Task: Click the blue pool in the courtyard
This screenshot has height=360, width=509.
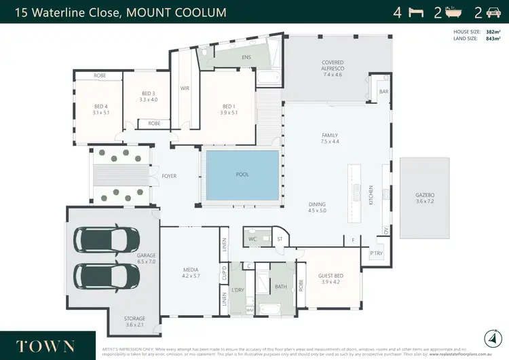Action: click(x=242, y=175)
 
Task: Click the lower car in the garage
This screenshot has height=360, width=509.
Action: click(x=105, y=275)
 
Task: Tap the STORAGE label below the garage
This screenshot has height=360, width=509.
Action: click(x=134, y=318)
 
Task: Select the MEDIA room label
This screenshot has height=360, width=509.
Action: click(x=190, y=270)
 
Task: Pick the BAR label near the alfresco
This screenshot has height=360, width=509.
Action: click(x=383, y=91)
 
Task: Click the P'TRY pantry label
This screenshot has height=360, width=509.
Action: click(x=375, y=254)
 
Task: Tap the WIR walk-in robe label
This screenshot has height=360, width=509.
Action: click(x=185, y=88)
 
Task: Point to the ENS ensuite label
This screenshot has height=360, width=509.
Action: click(x=246, y=57)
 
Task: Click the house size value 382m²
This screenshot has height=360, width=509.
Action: click(x=493, y=31)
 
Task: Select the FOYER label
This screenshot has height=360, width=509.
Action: click(x=169, y=176)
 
